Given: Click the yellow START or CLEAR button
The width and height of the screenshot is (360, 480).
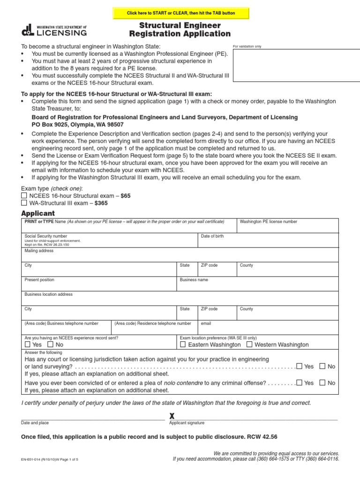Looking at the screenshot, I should pyautogui.click(x=181, y=13).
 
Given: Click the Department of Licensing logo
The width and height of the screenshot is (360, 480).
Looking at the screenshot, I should pyautogui.click(x=54, y=30).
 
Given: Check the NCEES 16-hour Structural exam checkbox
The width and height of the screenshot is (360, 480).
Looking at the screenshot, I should pyautogui.click(x=24, y=195).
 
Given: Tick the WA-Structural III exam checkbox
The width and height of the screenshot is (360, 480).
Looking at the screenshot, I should pyautogui.click(x=24, y=203).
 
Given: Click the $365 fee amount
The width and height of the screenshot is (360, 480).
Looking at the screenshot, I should pyautogui.click(x=101, y=203).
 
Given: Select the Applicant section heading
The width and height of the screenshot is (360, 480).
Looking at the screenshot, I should pyautogui.click(x=38, y=213).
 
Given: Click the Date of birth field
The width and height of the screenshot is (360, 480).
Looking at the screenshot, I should pyautogui.click(x=268, y=241).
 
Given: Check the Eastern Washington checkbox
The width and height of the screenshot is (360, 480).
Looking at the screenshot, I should pyautogui.click(x=183, y=345).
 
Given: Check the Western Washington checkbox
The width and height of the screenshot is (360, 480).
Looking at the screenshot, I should pyautogui.click(x=249, y=345).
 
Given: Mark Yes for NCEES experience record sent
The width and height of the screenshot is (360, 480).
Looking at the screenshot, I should pyautogui.click(x=28, y=345).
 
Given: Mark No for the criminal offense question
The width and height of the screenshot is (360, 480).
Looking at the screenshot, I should pyautogui.click(x=322, y=382).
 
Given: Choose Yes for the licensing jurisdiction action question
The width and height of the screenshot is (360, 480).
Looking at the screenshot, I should pyautogui.click(x=299, y=366).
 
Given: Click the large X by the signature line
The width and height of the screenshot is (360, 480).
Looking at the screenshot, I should pyautogui.click(x=172, y=416).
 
